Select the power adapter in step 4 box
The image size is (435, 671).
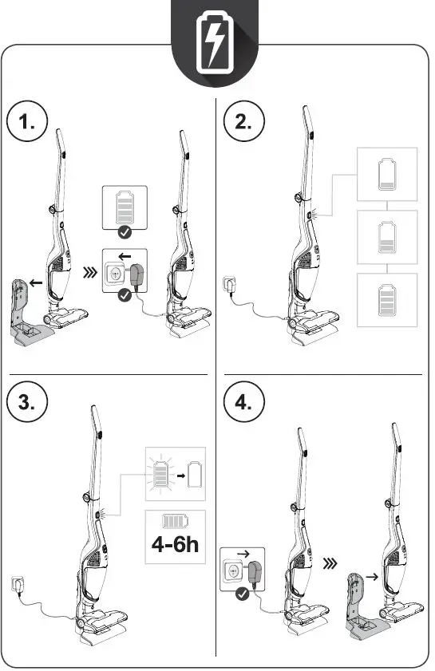257,573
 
